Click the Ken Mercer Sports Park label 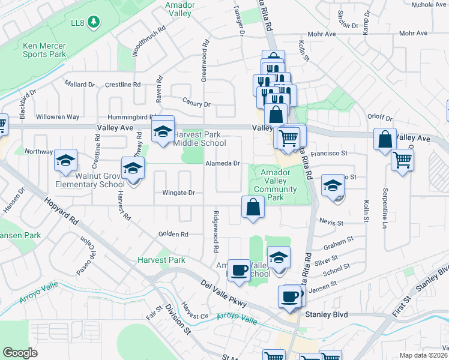click(44, 50)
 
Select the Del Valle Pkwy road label click(224, 293)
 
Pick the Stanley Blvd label click(327, 314)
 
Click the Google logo click(20, 353)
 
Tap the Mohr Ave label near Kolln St click(321, 34)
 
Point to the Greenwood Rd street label click(205, 61)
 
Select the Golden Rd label click(173, 234)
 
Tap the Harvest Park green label click(161, 260)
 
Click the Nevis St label click(331, 223)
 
